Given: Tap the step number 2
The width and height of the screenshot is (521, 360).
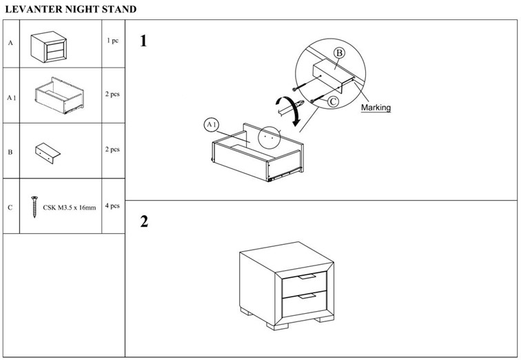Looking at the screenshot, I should [144, 221].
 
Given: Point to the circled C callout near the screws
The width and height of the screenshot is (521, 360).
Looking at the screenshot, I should [332, 101].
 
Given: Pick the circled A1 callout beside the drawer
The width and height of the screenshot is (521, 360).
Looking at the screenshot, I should [212, 125].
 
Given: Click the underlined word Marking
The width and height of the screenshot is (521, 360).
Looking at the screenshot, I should [376, 108].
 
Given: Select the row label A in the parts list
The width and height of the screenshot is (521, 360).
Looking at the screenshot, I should [10, 43].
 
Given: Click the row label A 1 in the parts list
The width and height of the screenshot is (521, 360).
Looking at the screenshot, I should [11, 98].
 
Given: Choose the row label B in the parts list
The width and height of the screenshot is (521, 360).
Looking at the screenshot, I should [10, 151].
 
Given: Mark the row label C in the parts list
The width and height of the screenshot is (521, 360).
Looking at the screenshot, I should [10, 206].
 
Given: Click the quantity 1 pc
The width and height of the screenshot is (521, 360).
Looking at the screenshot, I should [112, 41].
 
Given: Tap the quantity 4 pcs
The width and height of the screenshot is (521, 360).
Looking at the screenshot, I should [112, 206].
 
